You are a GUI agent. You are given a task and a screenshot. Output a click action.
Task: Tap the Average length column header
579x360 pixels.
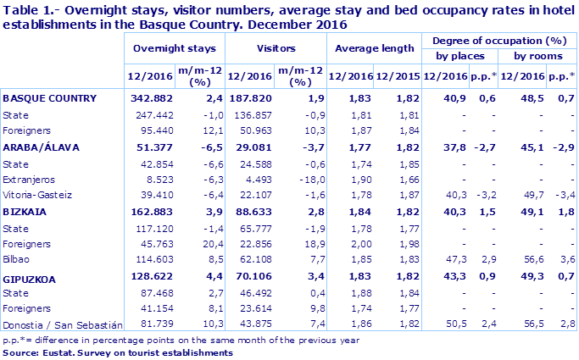pos(373,50)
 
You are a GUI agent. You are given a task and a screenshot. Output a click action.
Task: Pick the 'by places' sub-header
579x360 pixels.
pos(459,57)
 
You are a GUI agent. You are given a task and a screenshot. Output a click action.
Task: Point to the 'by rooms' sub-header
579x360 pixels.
pos(537,57)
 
